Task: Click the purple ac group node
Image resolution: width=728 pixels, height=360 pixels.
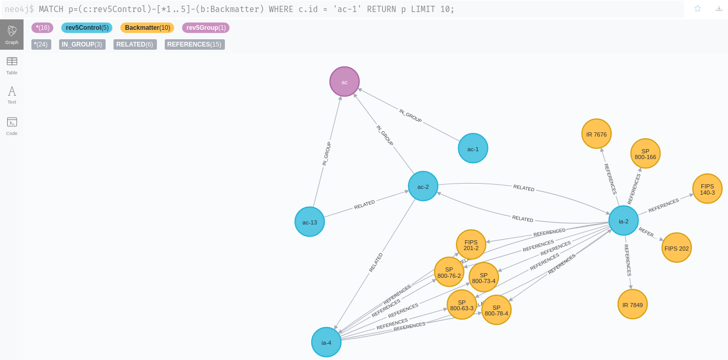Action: click(345, 82)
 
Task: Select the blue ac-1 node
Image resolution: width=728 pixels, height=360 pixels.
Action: click(473, 148)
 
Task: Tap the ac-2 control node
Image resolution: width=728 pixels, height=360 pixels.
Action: click(423, 186)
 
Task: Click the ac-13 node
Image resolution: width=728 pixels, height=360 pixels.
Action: click(310, 222)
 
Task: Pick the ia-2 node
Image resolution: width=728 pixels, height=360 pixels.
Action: click(623, 221)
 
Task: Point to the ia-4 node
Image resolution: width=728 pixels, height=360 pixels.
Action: click(326, 342)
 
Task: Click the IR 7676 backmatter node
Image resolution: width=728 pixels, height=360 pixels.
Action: click(596, 134)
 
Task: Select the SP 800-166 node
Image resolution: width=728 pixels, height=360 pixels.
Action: click(645, 154)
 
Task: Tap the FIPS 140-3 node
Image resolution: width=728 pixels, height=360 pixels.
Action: click(707, 189)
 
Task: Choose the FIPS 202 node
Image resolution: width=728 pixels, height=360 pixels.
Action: click(677, 248)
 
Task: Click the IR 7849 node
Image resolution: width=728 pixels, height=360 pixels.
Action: click(632, 304)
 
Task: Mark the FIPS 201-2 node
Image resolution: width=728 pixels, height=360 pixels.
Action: click(471, 244)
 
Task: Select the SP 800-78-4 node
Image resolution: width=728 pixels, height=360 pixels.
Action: click(496, 310)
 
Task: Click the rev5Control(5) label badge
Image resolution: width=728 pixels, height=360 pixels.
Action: click(87, 28)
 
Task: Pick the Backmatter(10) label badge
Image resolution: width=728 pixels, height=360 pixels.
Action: click(147, 28)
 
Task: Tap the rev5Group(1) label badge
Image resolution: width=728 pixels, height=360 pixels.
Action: click(206, 28)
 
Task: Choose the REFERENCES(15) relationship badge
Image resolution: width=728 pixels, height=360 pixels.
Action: click(195, 44)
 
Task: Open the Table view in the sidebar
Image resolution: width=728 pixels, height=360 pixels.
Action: click(12, 65)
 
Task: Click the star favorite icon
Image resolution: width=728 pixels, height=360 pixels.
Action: click(697, 8)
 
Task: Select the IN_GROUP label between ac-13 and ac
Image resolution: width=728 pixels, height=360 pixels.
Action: click(326, 154)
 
